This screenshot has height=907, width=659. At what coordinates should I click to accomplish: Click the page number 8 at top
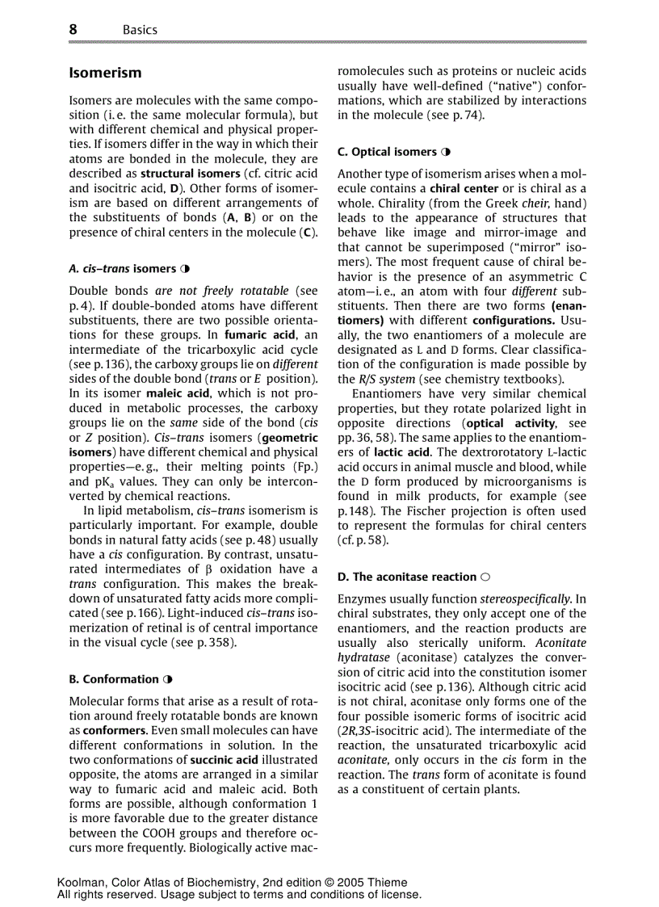[x=73, y=29]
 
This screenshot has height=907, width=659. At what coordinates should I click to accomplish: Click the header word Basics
[x=140, y=30]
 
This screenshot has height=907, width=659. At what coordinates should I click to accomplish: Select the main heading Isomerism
[x=105, y=73]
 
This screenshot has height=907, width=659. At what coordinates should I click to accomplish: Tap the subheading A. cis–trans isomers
[x=122, y=268]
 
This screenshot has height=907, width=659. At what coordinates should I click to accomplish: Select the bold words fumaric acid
[x=255, y=334]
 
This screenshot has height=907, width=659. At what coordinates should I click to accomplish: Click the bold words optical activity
[x=510, y=423]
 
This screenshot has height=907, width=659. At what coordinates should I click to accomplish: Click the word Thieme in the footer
[x=388, y=883]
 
